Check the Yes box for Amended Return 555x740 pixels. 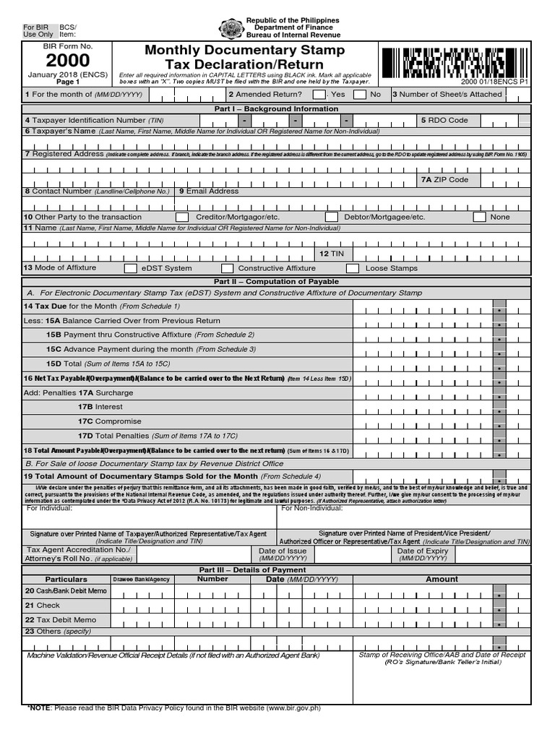pyautogui.click(x=319, y=94)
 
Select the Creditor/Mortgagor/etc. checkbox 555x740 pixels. pyautogui.click(x=182, y=217)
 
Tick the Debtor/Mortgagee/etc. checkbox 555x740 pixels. pyautogui.click(x=331, y=217)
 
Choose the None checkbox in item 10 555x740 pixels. pyautogui.click(x=479, y=217)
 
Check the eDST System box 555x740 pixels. pyautogui.click(x=131, y=268)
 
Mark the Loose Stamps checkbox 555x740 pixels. pyautogui.click(x=353, y=268)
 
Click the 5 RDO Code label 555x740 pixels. pyautogui.click(x=444, y=120)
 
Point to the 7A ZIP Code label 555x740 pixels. pyautogui.click(x=444, y=179)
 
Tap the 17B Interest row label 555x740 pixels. pyautogui.click(x=100, y=407)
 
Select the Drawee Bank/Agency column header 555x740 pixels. pyautogui.click(x=141, y=580)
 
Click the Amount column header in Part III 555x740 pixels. pyautogui.click(x=442, y=579)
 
